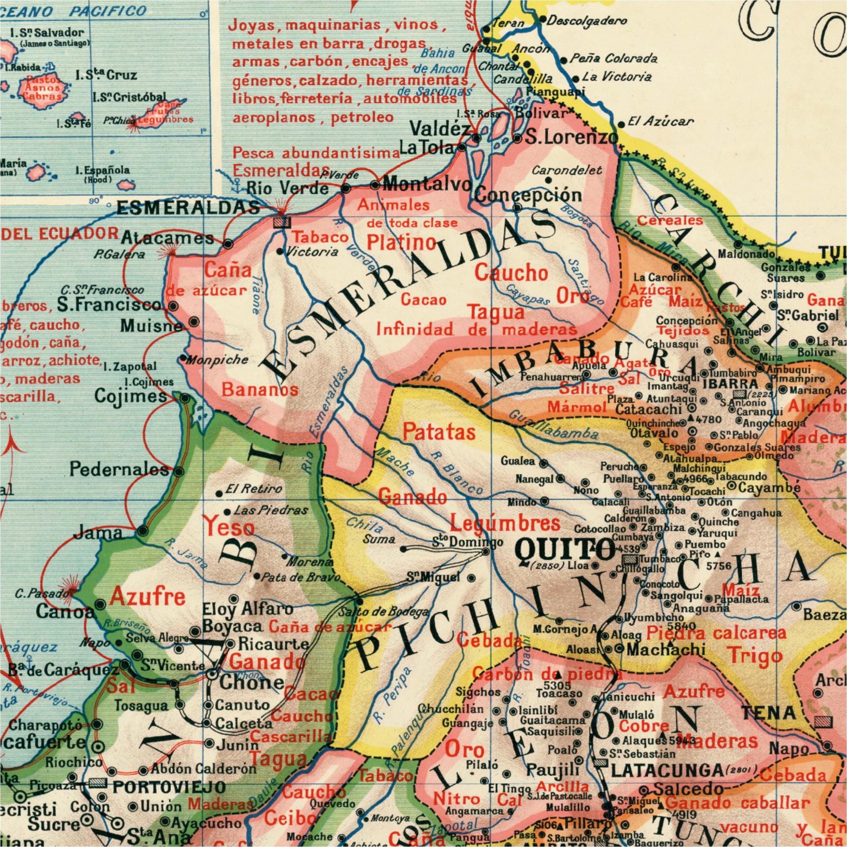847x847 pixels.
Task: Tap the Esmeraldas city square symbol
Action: (281, 222)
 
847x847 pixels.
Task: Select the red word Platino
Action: (401, 242)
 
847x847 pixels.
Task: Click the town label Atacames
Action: (167, 238)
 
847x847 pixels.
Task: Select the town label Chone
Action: (251, 682)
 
